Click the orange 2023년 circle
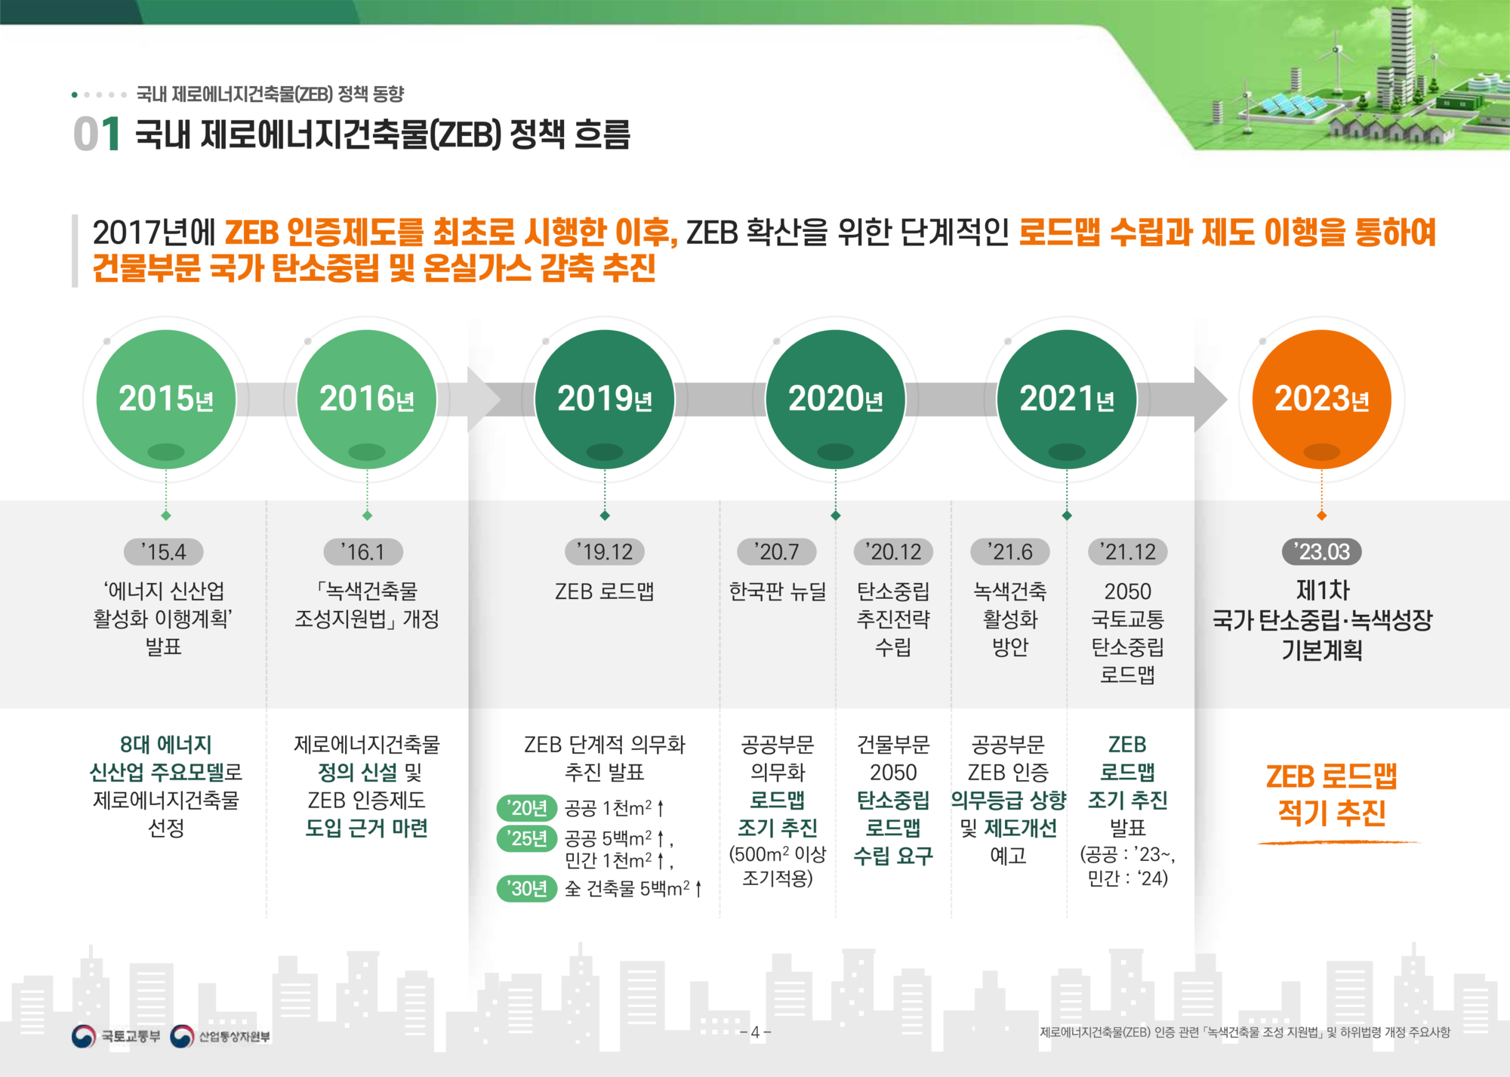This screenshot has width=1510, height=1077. (1321, 400)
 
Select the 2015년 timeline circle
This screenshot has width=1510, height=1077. (166, 400)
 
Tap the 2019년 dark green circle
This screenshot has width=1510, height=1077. (605, 400)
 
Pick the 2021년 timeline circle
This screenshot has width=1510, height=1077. (1067, 400)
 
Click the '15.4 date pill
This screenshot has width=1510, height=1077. (164, 552)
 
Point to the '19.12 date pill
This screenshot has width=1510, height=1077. (605, 552)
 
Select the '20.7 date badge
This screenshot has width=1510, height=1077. (777, 552)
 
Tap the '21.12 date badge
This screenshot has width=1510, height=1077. (1128, 552)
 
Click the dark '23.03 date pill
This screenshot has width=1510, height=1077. (1322, 552)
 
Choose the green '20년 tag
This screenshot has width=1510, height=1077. (527, 808)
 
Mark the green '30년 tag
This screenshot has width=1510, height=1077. (527, 888)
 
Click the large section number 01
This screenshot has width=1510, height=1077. (97, 134)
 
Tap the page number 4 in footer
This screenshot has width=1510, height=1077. (755, 1032)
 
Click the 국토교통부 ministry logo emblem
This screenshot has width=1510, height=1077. (83, 1036)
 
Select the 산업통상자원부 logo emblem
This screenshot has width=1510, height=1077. (182, 1036)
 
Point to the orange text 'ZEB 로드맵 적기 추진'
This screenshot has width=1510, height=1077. (1332, 795)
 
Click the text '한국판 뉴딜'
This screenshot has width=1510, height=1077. (778, 591)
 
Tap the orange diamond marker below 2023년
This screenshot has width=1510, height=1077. (1321, 516)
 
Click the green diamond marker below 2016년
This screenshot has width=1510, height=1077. (367, 516)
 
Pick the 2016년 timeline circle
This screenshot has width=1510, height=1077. (367, 400)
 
